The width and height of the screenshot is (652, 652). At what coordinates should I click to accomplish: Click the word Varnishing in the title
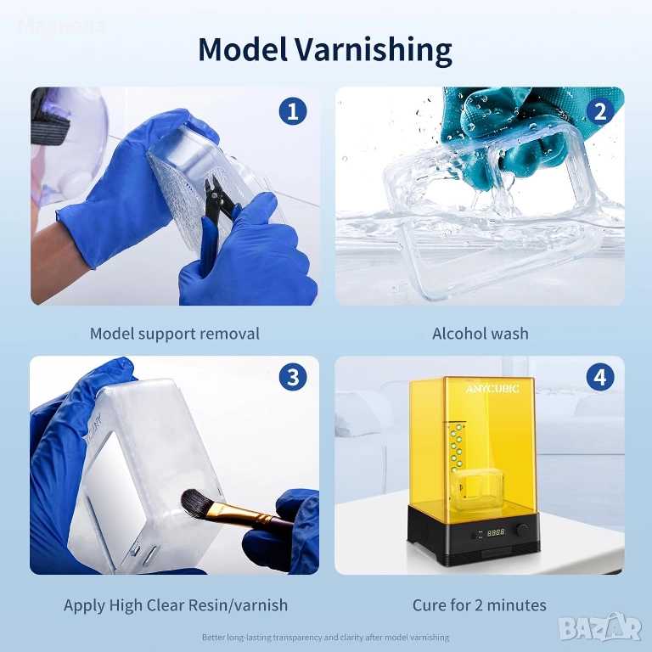(x=374, y=50)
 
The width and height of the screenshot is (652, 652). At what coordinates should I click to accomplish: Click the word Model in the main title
(x=243, y=49)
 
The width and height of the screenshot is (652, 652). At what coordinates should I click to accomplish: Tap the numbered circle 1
(x=293, y=111)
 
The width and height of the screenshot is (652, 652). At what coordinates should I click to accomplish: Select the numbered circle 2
(x=600, y=111)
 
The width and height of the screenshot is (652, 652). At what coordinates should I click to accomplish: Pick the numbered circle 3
(x=293, y=377)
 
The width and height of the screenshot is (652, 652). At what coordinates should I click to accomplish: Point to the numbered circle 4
(x=600, y=377)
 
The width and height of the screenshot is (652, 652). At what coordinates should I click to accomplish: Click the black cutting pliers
(x=218, y=204)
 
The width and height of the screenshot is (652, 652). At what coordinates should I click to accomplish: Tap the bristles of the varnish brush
(x=197, y=500)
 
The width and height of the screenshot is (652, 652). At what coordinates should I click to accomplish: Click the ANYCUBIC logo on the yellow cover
(x=492, y=389)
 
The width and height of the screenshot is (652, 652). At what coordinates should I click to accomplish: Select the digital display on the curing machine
(x=496, y=532)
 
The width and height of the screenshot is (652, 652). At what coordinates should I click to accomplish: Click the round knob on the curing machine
(x=522, y=530)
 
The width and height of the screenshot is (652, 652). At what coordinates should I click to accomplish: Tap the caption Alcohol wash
(x=481, y=334)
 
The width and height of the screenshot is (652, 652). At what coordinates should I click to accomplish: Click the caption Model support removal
(x=175, y=334)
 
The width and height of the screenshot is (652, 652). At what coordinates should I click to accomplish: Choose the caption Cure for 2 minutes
(x=480, y=605)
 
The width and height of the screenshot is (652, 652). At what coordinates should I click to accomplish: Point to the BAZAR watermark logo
(x=601, y=627)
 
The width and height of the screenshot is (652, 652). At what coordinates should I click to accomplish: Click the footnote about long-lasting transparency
(x=326, y=637)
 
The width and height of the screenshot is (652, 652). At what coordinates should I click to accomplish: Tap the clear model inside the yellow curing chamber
(x=478, y=489)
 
